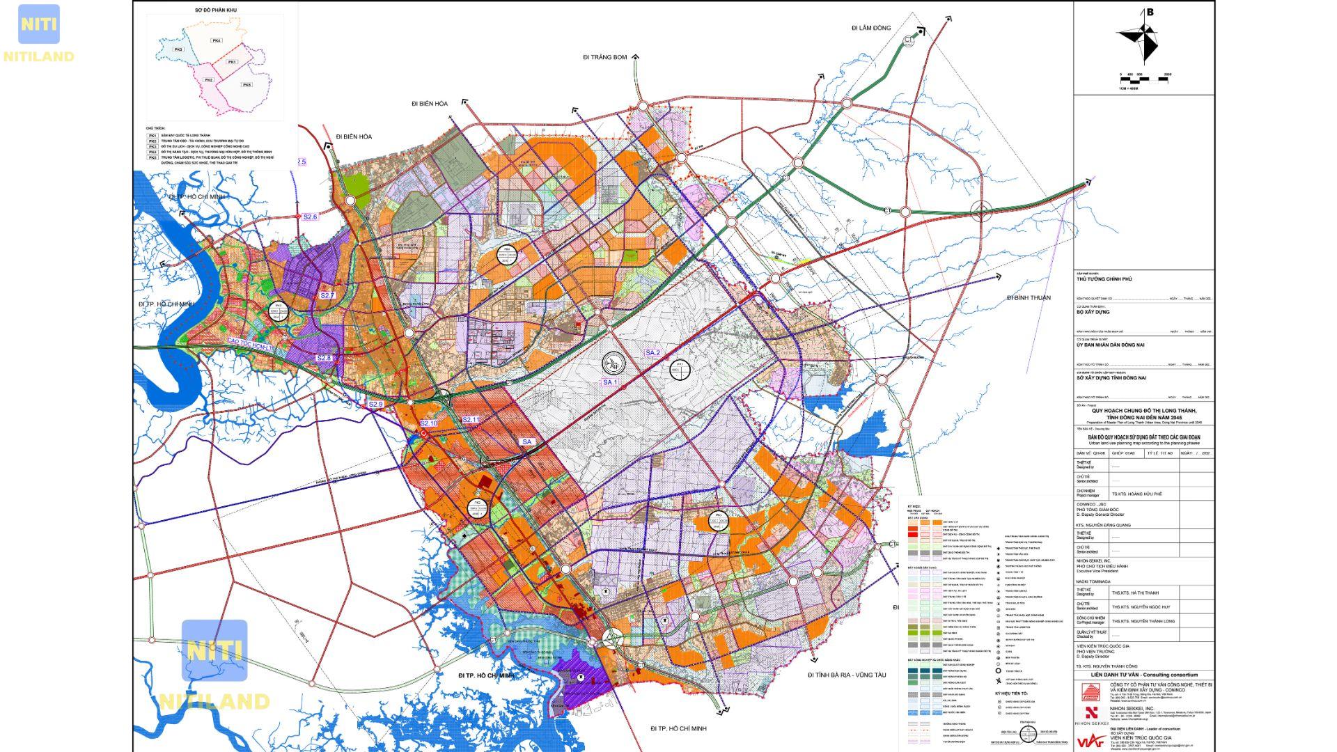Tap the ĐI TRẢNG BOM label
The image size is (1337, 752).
pos(605,57)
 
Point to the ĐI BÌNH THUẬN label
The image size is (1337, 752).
pos(1029,298)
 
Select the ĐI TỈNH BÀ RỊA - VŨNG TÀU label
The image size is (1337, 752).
pos(846,675)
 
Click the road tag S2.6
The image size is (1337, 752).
pos(310,217)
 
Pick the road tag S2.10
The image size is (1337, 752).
pos(429,423)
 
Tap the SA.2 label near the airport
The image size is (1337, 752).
pos(652,353)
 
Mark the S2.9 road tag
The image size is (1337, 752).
pos(376,405)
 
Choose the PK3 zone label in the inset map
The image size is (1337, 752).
pos(178,50)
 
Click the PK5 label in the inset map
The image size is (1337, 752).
pos(247,84)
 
